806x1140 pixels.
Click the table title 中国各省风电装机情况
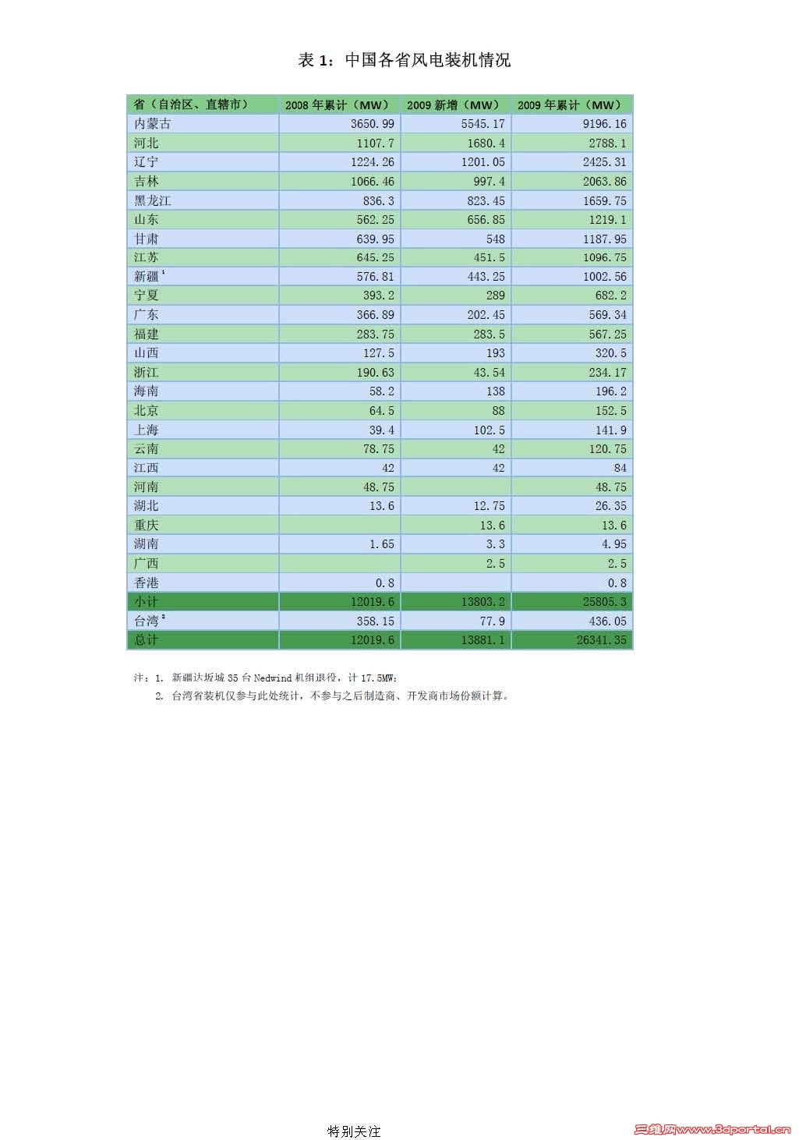[x=404, y=60]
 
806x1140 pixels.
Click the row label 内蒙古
[x=152, y=124]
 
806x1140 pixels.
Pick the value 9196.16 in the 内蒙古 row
[x=604, y=124]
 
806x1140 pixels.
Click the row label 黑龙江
[x=152, y=200]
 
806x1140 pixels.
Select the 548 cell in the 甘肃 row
[x=495, y=239]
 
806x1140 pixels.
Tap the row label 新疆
[x=147, y=277]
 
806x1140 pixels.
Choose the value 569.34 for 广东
[x=607, y=315]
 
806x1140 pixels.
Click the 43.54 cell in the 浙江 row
[x=489, y=373]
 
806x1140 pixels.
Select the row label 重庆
[x=146, y=526]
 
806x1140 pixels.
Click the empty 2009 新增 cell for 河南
[x=455, y=487]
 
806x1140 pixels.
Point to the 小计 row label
[x=146, y=602]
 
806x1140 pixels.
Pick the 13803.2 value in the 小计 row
[x=483, y=602]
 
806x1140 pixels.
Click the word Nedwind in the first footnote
[x=273, y=678]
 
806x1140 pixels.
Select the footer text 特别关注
[x=354, y=1131]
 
